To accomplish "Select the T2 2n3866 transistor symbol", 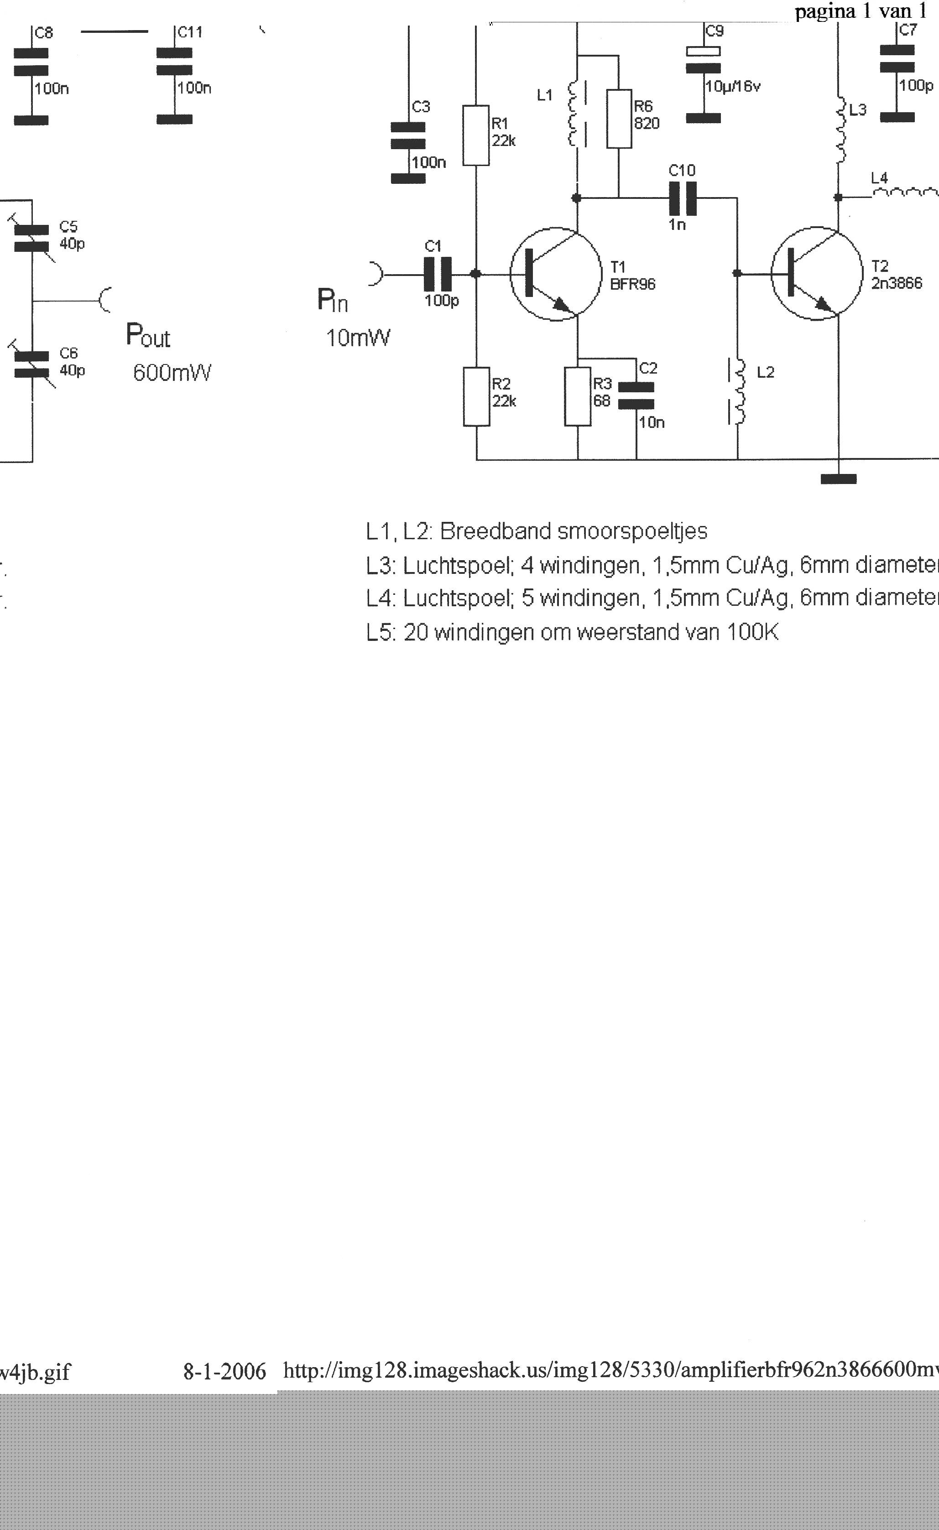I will point(817,273).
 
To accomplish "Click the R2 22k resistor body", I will point(476,396).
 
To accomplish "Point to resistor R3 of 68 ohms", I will point(578,396).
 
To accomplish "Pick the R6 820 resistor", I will point(619,118).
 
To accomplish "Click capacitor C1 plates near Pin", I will point(438,273).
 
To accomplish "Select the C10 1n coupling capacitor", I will point(683,198).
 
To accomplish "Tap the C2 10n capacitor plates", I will point(636,395).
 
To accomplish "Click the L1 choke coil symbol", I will point(575,115).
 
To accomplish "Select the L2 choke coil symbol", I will point(738,391).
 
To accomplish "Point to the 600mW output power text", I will point(172,373).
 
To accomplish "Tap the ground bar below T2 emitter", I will point(839,479).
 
